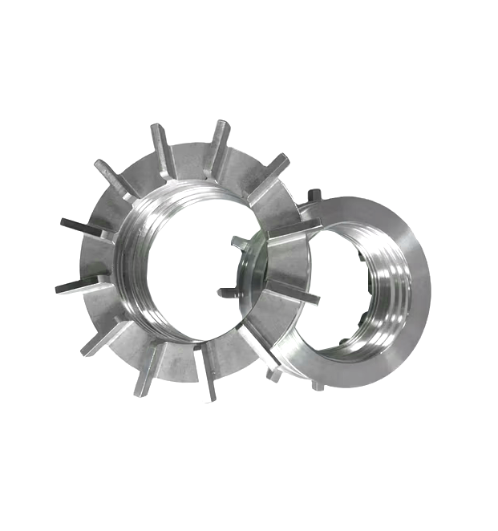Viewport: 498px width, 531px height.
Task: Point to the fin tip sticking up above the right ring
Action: (x=315, y=194)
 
